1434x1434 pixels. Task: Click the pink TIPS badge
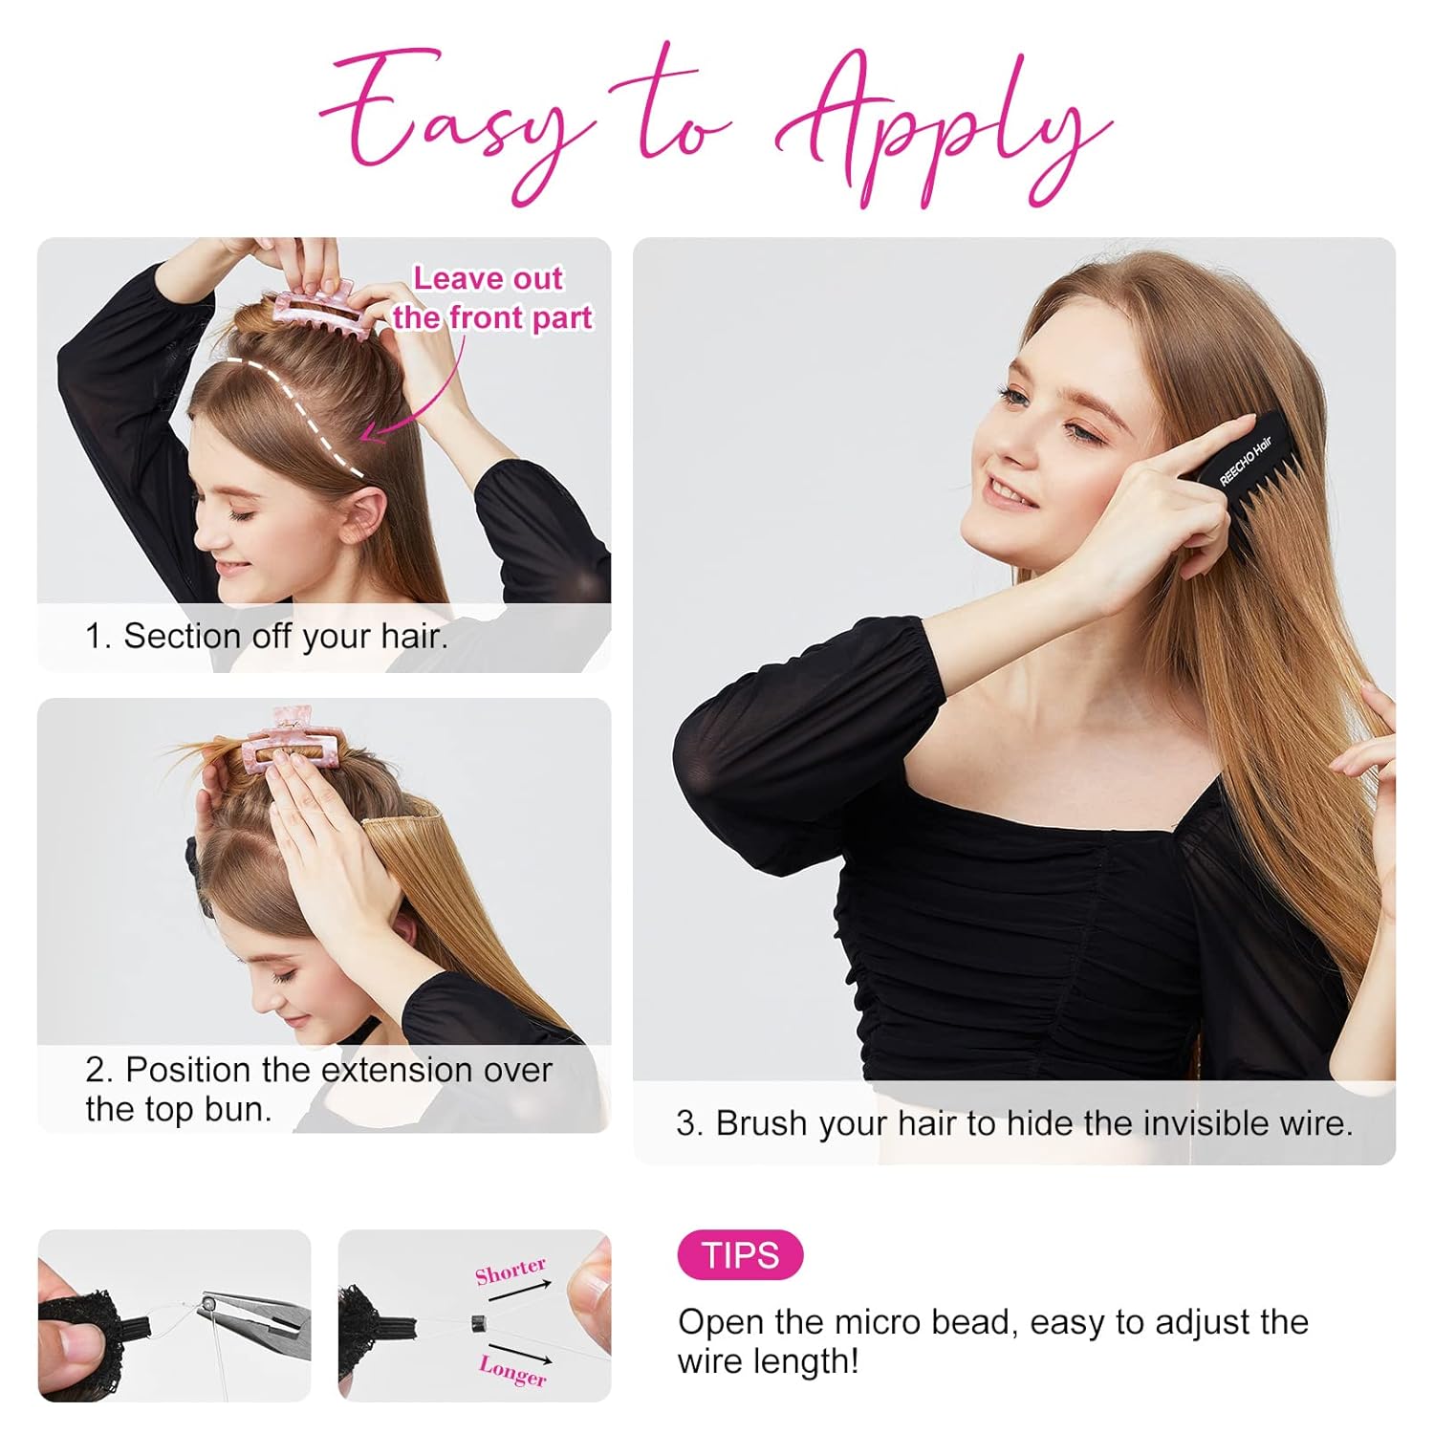click(740, 1254)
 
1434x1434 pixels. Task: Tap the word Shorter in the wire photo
click(511, 1272)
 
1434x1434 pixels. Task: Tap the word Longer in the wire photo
click(513, 1370)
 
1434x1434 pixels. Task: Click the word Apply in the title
click(942, 129)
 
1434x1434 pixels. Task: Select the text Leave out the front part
click(491, 297)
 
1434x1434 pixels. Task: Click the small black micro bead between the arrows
click(479, 1323)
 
